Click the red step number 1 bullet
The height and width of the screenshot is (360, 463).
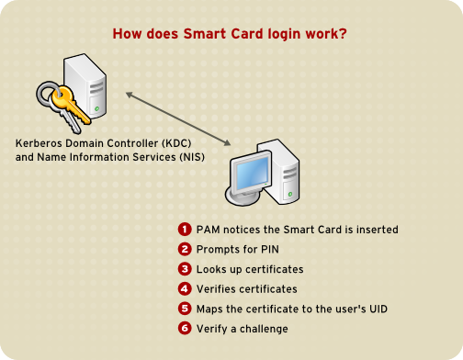(184, 229)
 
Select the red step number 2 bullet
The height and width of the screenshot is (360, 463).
(184, 249)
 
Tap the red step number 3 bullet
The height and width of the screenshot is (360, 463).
(184, 269)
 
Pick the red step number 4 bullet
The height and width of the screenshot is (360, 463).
(184, 288)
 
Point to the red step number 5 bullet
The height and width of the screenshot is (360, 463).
(184, 309)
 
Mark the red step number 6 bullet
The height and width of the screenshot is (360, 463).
(184, 329)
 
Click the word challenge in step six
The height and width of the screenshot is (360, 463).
(263, 329)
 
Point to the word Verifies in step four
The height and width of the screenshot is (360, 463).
(217, 288)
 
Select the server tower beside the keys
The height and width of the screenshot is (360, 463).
(87, 87)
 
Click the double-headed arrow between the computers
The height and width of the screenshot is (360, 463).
(178, 117)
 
